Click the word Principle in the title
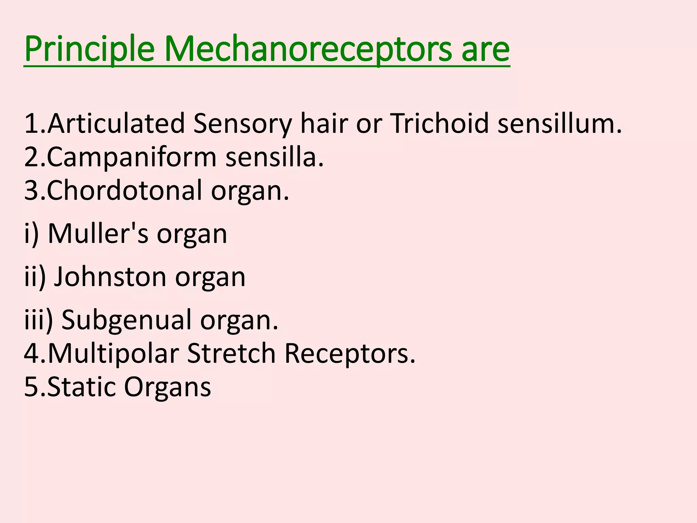[x=90, y=50]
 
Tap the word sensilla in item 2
[x=274, y=158]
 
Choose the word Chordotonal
[x=125, y=191]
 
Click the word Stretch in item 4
[x=231, y=354]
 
